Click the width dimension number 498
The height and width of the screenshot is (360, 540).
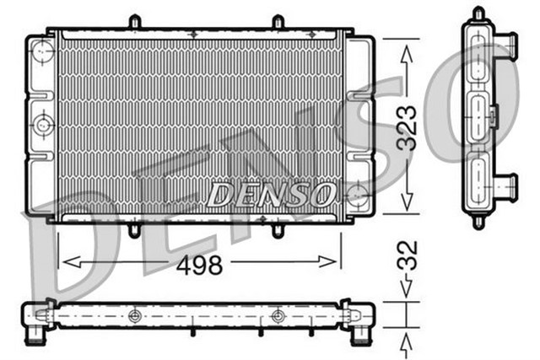coord(199,266)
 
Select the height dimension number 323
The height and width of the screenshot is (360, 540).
coord(408,127)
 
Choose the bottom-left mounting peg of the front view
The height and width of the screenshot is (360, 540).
coord(134,228)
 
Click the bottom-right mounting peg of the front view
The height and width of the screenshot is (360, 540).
coord(277,228)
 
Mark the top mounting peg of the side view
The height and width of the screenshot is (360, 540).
coord(478,13)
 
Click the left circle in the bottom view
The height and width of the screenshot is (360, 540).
coord(133,316)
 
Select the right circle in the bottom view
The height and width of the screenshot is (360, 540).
coord(278,316)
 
